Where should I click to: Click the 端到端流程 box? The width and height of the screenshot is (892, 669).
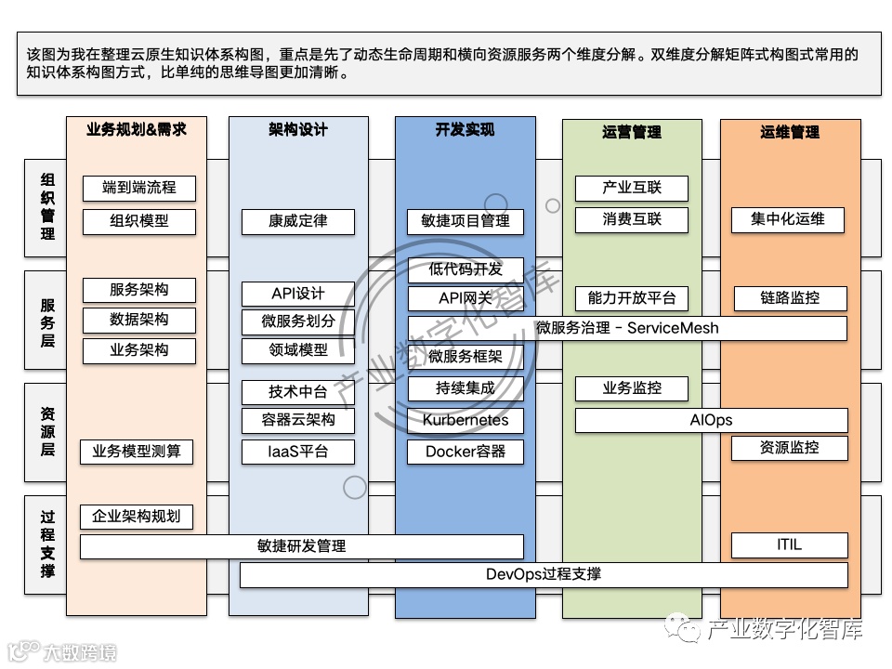click(x=139, y=188)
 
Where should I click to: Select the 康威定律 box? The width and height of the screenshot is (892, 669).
click(x=298, y=221)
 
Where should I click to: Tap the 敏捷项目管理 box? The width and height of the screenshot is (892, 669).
click(x=466, y=221)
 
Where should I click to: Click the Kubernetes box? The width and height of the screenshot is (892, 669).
click(x=466, y=420)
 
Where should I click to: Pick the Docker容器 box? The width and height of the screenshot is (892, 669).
click(x=466, y=452)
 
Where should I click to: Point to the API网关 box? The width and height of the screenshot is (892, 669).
click(x=466, y=298)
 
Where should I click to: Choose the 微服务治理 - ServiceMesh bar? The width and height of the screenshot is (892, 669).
click(x=627, y=328)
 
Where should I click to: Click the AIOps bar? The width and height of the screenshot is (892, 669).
click(x=711, y=420)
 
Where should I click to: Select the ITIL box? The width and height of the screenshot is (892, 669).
click(x=789, y=544)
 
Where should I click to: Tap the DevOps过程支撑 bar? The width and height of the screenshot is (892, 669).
click(x=544, y=574)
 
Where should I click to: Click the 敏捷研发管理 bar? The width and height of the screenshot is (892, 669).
click(x=301, y=546)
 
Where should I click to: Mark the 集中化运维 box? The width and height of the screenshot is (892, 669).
click(x=789, y=220)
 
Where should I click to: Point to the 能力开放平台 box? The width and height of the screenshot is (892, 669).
click(x=632, y=298)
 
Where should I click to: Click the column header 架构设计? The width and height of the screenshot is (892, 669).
click(x=298, y=131)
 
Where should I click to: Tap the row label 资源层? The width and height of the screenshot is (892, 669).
click(x=47, y=431)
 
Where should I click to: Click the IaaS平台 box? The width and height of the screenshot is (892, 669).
click(x=298, y=452)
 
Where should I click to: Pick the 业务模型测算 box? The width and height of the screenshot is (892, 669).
click(x=137, y=453)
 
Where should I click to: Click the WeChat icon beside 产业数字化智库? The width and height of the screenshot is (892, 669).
click(x=689, y=630)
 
